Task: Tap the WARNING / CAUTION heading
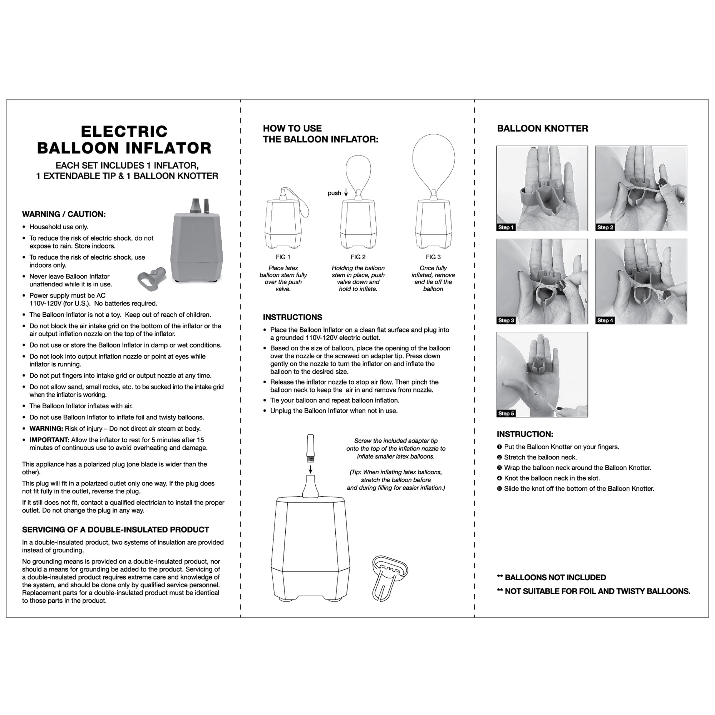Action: point(64,214)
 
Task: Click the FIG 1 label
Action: point(283,257)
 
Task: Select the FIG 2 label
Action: point(358,257)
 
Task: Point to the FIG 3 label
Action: point(433,257)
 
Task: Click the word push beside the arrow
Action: point(334,193)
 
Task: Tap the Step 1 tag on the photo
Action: point(506,228)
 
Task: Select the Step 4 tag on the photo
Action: point(605,320)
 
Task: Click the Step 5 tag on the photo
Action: point(506,413)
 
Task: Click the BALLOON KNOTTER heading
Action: point(542,128)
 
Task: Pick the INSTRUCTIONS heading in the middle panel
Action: point(292,317)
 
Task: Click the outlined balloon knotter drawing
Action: point(389,577)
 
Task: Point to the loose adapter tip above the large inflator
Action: point(311,448)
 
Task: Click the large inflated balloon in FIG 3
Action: point(433,159)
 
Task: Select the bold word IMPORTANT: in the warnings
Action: point(49,440)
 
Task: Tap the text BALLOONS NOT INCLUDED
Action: point(555,578)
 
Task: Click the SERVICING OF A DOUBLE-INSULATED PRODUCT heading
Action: point(115,529)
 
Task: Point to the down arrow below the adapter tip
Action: point(311,469)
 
